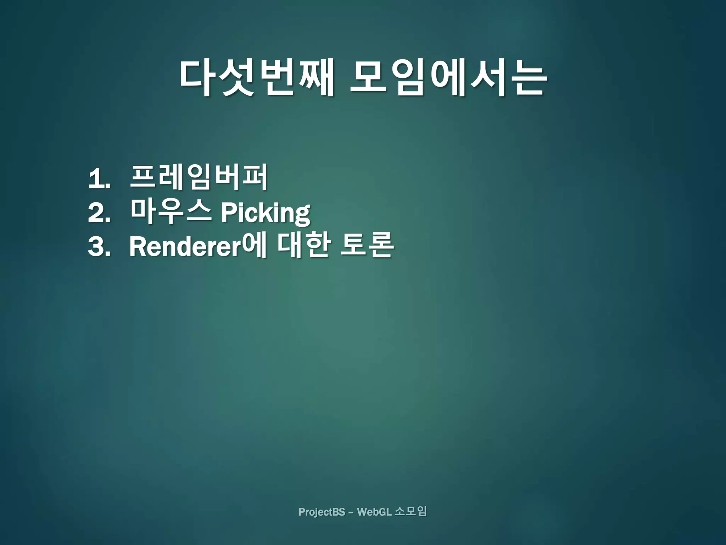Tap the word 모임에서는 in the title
(x=448, y=77)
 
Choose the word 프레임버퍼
(x=199, y=177)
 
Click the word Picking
(x=266, y=213)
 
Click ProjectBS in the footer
(x=322, y=512)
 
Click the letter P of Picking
(x=228, y=213)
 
